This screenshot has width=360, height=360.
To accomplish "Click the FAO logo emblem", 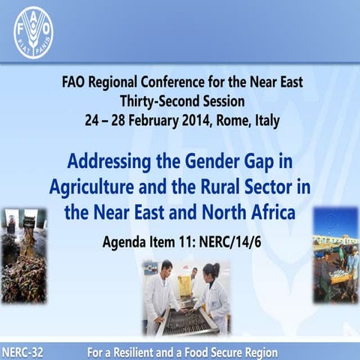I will pyautogui.click(x=33, y=32).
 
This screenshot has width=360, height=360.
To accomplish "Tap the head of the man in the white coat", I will pyautogui.click(x=166, y=268).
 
